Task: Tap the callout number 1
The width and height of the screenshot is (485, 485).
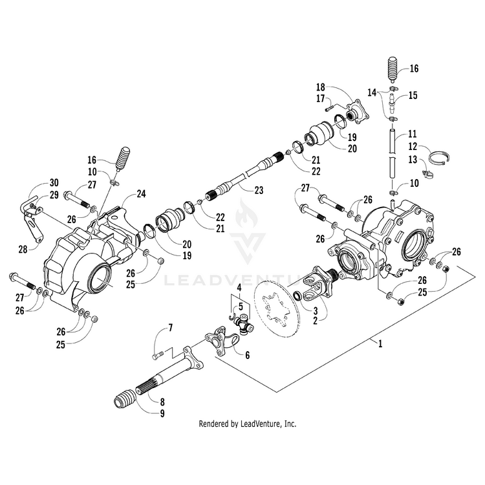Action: [x=380, y=344]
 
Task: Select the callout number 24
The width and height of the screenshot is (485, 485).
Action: [x=141, y=193]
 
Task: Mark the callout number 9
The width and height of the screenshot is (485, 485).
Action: [x=161, y=412]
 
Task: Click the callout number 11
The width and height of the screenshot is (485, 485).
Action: [x=413, y=136]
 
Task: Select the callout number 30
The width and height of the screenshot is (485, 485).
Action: [x=54, y=182]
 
